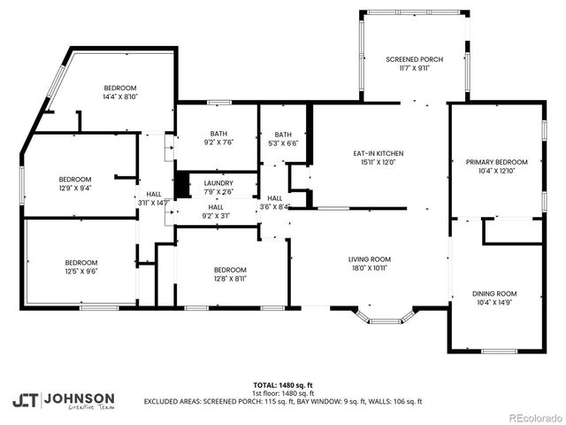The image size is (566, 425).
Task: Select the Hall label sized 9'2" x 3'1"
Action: tap(216, 211)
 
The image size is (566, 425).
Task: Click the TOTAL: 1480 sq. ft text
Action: tap(282, 385)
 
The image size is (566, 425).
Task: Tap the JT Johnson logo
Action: tap(63, 400)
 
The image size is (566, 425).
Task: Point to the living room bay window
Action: tap(383, 316)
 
